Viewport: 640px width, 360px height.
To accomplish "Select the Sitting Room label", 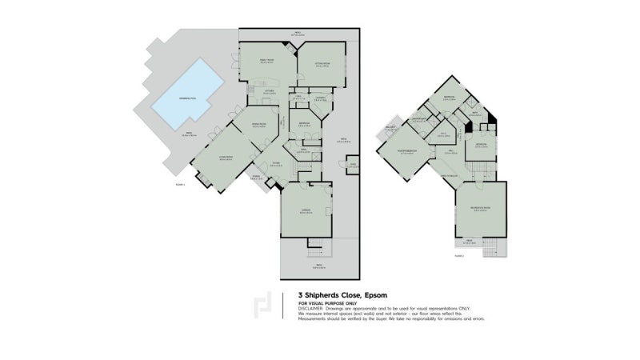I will [x=322, y=65].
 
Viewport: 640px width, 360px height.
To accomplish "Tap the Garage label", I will [x=306, y=211].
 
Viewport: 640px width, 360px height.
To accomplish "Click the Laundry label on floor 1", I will [x=319, y=98].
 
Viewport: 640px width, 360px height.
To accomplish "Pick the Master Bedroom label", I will [x=408, y=151].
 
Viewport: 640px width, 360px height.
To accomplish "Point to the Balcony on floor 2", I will [x=390, y=128].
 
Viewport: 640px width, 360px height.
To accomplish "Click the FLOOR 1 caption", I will [x=180, y=185].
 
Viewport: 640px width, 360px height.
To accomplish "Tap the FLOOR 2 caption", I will [x=458, y=257].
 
